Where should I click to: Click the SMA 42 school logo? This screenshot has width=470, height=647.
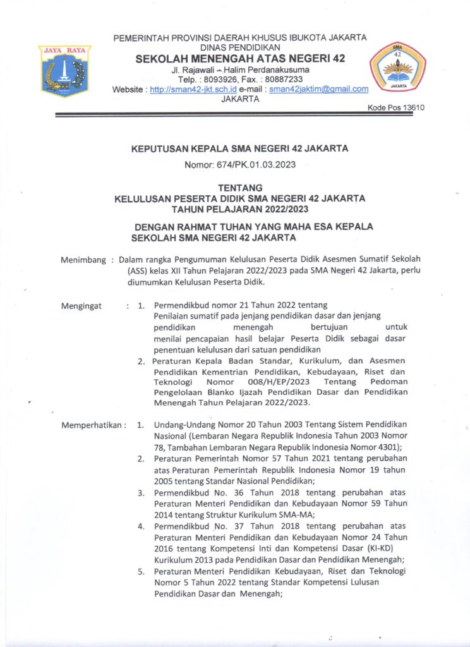397,67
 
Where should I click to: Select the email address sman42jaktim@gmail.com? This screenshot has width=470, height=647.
319,90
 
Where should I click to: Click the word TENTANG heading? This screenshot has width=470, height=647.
239,188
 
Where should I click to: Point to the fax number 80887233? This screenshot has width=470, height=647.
282,80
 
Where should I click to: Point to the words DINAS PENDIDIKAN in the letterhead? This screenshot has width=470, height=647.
239,48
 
